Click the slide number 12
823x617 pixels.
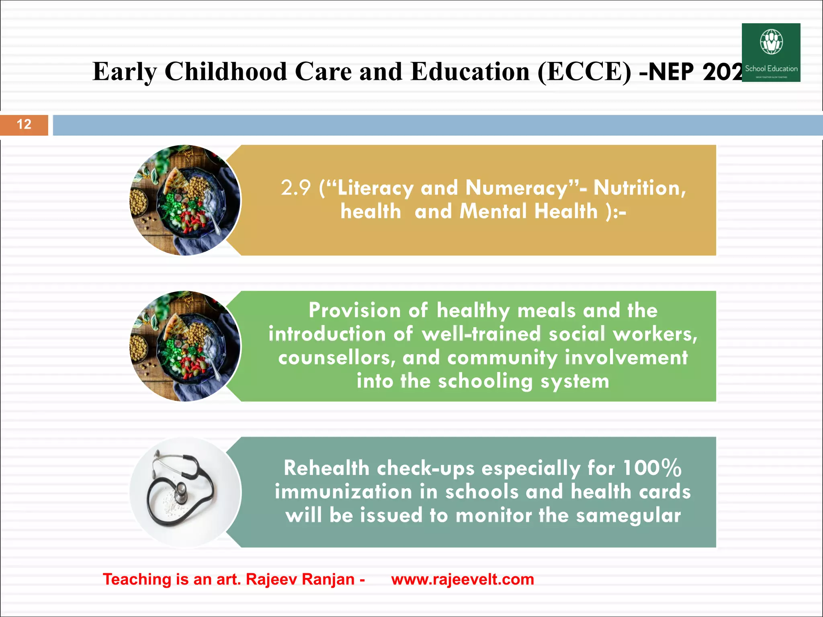pos(24,125)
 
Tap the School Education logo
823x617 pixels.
pos(771,52)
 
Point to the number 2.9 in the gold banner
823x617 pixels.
pos(295,188)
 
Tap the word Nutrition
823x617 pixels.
pos(639,188)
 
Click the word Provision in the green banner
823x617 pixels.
pos(355,311)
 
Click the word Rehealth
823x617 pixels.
pos(326,468)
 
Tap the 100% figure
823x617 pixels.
pos(652,468)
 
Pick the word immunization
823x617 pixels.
pos(344,492)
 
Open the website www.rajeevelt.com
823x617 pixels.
pos(463,580)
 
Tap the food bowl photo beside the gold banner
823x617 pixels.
pos(185,200)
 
